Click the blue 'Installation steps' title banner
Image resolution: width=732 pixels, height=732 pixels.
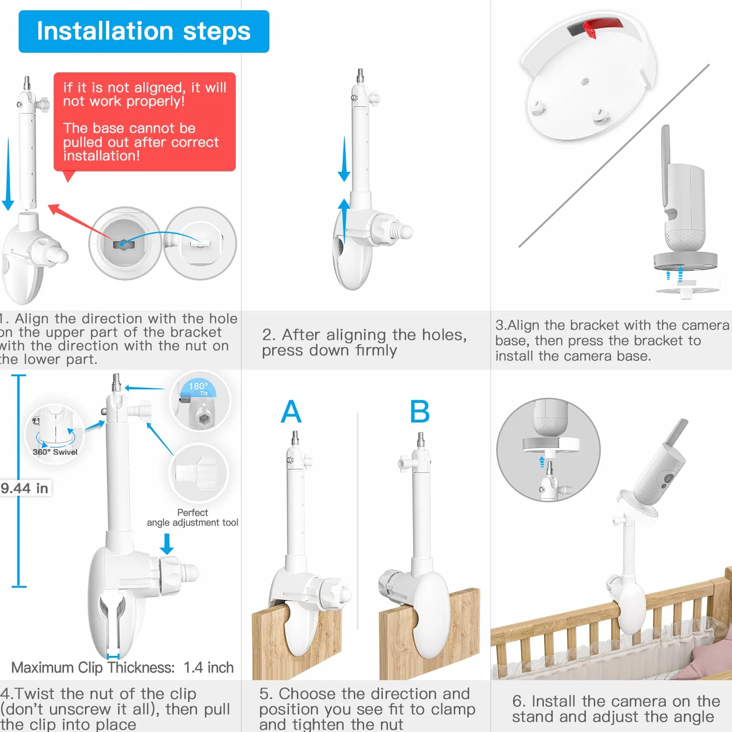[x=144, y=31]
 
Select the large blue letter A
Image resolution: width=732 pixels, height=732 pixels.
[x=291, y=411]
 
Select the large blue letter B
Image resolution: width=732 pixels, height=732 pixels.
[x=420, y=411]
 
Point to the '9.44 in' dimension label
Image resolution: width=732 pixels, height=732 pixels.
[x=25, y=488]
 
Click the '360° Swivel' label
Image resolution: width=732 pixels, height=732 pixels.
[x=55, y=452]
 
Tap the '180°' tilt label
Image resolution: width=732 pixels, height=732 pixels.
[x=198, y=387]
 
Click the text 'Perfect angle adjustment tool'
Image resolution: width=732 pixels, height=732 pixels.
[x=192, y=518]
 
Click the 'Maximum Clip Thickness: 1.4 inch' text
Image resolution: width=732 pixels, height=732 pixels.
[x=122, y=668]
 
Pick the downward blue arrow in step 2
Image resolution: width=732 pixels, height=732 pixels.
[x=344, y=159]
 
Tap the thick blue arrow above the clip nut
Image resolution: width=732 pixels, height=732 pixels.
[x=166, y=544]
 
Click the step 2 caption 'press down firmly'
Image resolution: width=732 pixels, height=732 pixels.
[x=330, y=351]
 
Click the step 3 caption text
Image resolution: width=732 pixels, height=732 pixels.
[x=612, y=340]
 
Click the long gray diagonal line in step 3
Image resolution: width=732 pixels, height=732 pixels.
[x=614, y=156]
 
